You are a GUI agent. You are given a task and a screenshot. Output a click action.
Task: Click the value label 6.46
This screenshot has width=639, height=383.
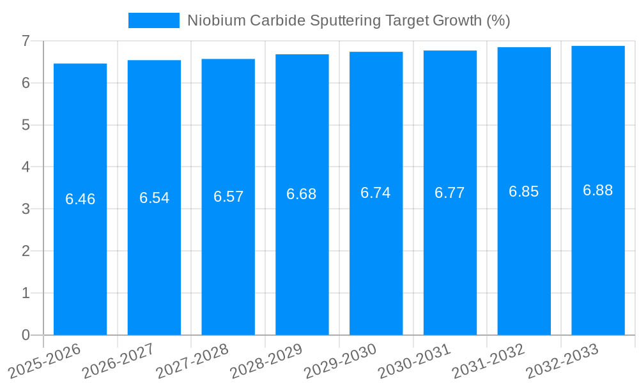coord(80,199)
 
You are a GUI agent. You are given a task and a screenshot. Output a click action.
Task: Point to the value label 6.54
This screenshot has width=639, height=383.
coord(154,198)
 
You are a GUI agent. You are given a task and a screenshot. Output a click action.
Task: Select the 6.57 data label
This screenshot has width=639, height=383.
coord(228,197)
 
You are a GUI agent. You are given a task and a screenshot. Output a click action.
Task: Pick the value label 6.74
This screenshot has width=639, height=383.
coord(376,193)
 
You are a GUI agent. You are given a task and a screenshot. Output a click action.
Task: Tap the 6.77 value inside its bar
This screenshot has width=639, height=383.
coord(450,193)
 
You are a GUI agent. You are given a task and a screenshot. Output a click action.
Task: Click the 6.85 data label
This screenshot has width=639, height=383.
coord(524,191)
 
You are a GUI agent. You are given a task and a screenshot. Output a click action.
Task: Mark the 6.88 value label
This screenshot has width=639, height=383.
coord(597,190)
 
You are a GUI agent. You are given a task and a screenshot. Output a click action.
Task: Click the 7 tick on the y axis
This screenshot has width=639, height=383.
coord(26,41)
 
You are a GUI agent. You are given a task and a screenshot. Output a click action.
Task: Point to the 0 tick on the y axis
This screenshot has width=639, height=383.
coord(26,335)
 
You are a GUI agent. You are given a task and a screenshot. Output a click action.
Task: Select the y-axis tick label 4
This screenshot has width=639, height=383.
coord(26,167)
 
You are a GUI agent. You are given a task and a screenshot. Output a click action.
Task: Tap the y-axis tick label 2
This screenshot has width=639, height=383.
coord(26,251)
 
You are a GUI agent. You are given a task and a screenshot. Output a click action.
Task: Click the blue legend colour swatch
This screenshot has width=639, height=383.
coord(154,20)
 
